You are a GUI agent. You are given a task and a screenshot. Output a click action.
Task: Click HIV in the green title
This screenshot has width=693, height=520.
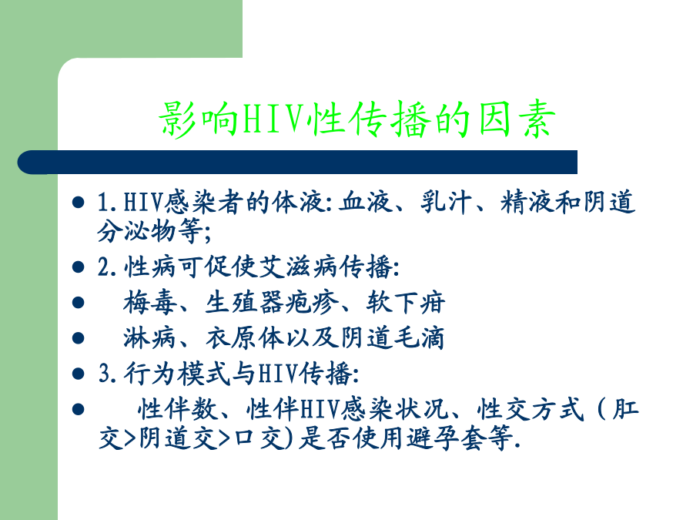coord(274,119)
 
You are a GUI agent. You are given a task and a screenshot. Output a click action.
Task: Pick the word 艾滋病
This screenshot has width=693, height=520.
coord(299,267)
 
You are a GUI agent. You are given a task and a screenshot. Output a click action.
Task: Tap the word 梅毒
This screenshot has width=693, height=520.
coord(149,303)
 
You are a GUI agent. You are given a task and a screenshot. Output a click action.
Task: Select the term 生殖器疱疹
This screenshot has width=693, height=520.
coord(271,303)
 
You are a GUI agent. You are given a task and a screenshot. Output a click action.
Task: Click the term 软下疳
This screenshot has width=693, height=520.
coord(405,303)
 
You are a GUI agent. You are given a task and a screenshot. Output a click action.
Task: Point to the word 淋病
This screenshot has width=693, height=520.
coord(149,338)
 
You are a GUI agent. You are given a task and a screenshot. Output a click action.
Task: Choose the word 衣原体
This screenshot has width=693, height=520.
coord(245,338)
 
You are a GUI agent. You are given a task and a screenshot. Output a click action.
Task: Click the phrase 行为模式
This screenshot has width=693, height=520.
coord(177,374)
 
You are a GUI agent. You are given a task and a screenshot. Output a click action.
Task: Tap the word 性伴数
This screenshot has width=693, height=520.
coord(178,409)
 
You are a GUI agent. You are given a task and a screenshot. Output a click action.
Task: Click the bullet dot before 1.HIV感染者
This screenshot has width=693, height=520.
coord(79,203)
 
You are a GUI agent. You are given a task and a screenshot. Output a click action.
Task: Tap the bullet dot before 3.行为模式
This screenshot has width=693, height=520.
coord(79,374)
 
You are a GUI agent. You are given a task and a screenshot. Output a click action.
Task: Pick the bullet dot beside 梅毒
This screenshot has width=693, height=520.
coord(79,303)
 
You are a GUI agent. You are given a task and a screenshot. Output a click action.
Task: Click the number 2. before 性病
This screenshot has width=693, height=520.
coord(107,267)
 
